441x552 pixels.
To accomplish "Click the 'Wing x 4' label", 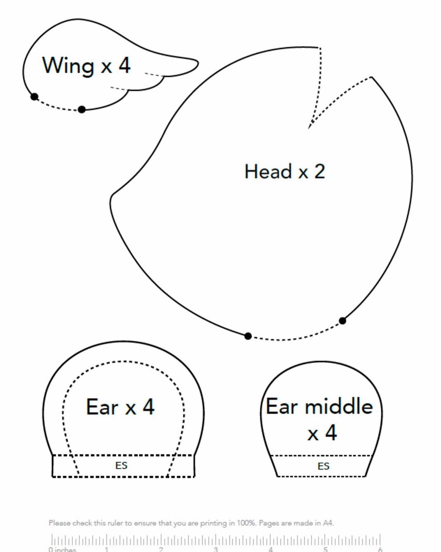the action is click(x=86, y=65).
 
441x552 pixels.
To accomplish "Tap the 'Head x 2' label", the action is click(x=285, y=171).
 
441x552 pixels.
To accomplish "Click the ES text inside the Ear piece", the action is click(x=121, y=465).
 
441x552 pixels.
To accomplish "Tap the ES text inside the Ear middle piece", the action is click(x=323, y=466).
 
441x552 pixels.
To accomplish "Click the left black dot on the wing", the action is click(x=34, y=97).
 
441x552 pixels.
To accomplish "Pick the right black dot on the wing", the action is click(x=82, y=110).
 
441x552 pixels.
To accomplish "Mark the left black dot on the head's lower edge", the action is click(x=248, y=336).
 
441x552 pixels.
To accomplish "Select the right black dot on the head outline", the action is click(x=342, y=321).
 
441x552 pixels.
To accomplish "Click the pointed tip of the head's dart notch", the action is click(x=309, y=128).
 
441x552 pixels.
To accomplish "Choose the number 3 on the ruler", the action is click(x=216, y=550).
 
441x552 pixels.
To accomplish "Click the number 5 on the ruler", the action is click(x=325, y=550).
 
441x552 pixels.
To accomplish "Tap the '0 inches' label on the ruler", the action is click(x=62, y=550).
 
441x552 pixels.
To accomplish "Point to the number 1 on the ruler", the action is click(x=106, y=550).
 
